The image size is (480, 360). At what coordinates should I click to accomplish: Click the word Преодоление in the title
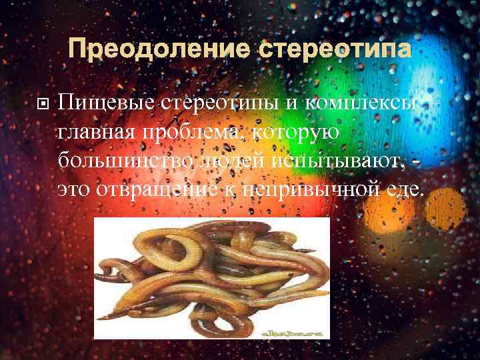[157, 50]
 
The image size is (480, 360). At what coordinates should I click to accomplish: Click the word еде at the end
[404, 189]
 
